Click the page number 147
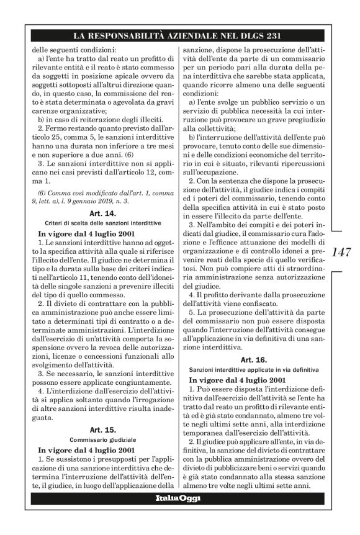(x=343, y=253)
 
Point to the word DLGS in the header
(x=251, y=35)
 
